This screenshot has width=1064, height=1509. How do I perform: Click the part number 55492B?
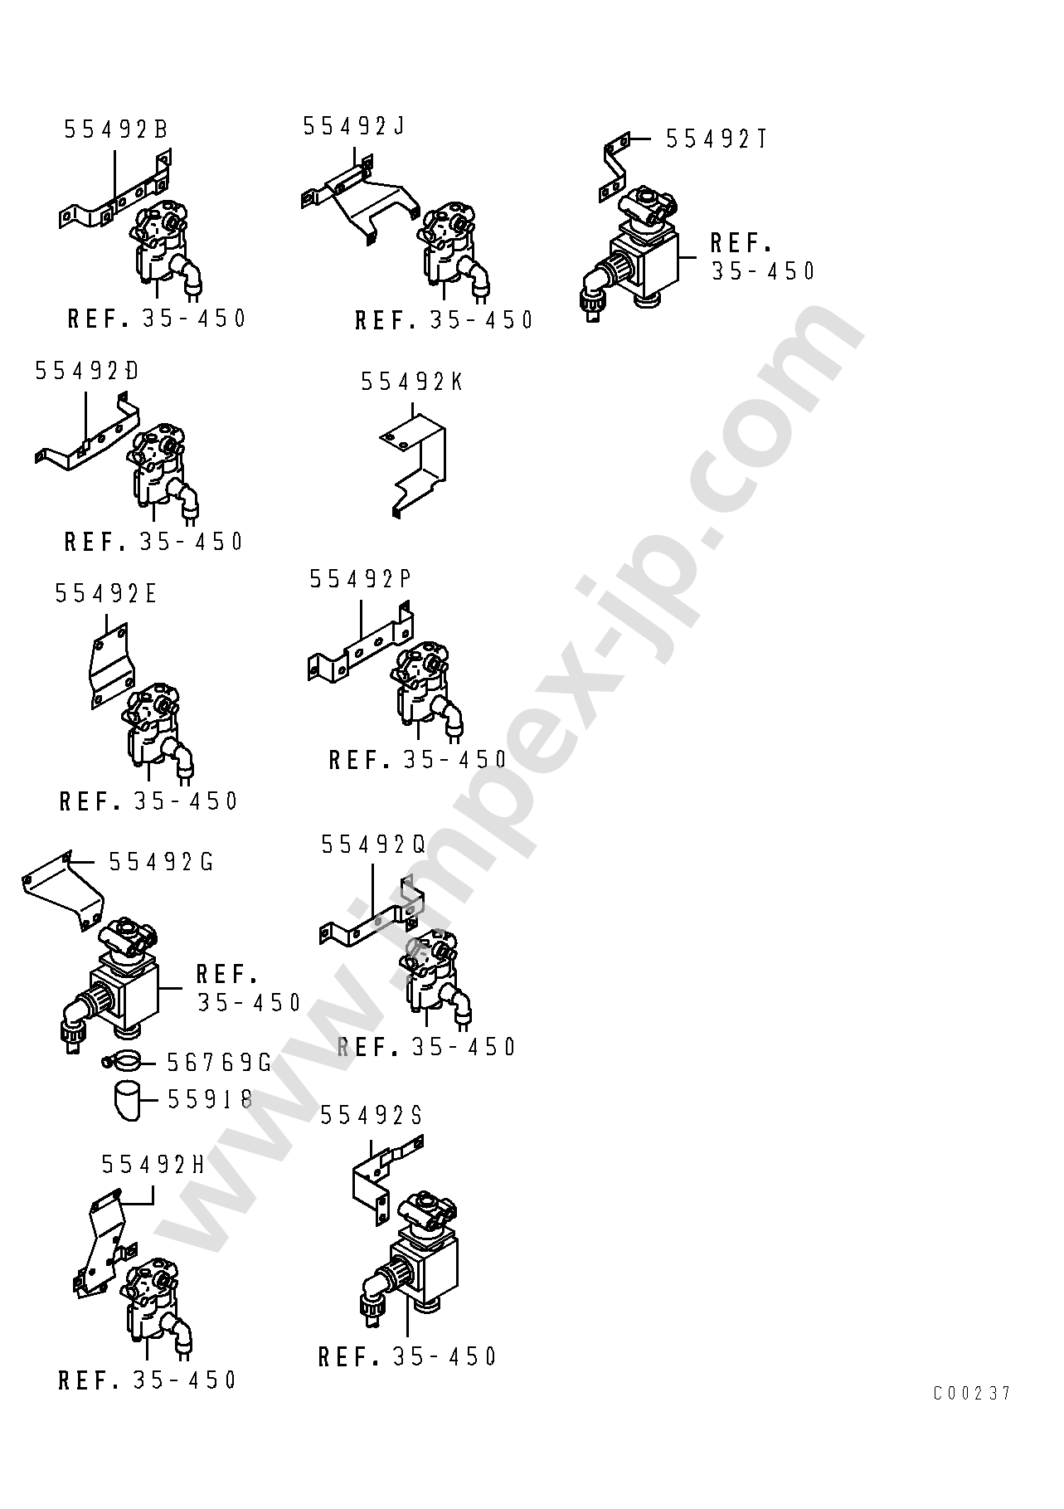[115, 129]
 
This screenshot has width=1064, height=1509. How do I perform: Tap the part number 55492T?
[716, 139]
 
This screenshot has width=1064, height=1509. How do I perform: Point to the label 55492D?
[86, 371]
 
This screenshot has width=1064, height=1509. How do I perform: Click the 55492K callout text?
[411, 382]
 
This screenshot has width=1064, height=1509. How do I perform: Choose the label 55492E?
[106, 593]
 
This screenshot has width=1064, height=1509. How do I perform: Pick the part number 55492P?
[361, 579]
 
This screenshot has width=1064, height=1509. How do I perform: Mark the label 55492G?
[161, 863]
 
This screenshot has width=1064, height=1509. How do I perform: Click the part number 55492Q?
[373, 845]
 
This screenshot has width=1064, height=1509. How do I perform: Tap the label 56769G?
[219, 1063]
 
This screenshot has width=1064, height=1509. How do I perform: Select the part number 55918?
[210, 1099]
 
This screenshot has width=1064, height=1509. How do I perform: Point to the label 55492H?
[153, 1165]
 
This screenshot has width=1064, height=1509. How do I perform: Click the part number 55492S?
[372, 1116]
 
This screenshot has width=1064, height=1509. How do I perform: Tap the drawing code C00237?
[972, 1393]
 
